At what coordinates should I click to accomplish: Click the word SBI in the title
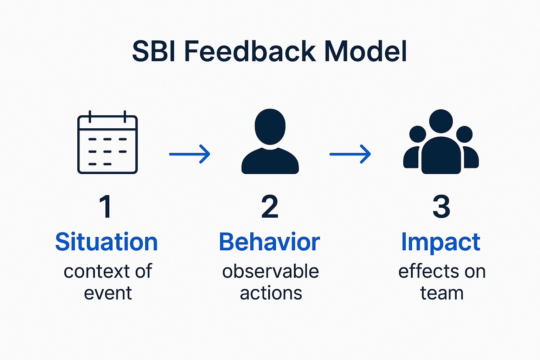[154, 51]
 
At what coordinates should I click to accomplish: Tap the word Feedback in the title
[250, 51]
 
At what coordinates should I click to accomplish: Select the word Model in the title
[365, 51]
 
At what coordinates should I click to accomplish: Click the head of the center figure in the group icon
[441, 121]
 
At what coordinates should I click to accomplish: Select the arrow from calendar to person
[189, 154]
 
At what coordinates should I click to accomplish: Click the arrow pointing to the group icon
[350, 154]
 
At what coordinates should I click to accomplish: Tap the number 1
[105, 207]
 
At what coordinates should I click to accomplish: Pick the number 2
[270, 207]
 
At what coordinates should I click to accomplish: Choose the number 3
[441, 207]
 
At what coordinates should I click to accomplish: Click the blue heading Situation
[107, 242]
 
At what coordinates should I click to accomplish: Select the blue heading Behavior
[269, 242]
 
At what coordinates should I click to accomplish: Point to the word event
[108, 293]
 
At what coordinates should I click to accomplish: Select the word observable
[270, 271]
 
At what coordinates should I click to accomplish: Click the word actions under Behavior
[271, 293]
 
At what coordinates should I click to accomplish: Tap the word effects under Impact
[426, 271]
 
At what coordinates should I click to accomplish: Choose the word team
[442, 293]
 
